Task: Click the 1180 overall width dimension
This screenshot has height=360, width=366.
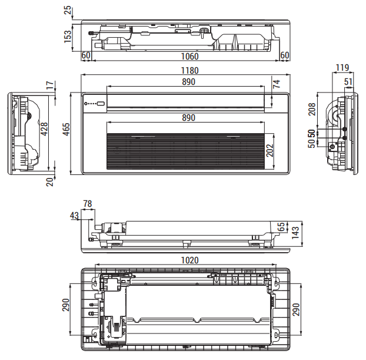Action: (x=190, y=71)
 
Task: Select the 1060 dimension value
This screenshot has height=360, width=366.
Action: (x=190, y=57)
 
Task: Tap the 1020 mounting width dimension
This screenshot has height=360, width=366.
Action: (x=190, y=260)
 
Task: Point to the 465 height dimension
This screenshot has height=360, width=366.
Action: (x=66, y=129)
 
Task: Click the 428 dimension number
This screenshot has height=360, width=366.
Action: (x=44, y=129)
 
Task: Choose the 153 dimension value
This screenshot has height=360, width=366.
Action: (x=68, y=37)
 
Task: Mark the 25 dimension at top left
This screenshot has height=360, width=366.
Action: (x=68, y=10)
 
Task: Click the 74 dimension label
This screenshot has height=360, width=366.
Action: (x=277, y=84)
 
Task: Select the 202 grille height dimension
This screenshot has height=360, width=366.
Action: (x=270, y=150)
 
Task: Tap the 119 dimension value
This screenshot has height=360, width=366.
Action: (x=342, y=68)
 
